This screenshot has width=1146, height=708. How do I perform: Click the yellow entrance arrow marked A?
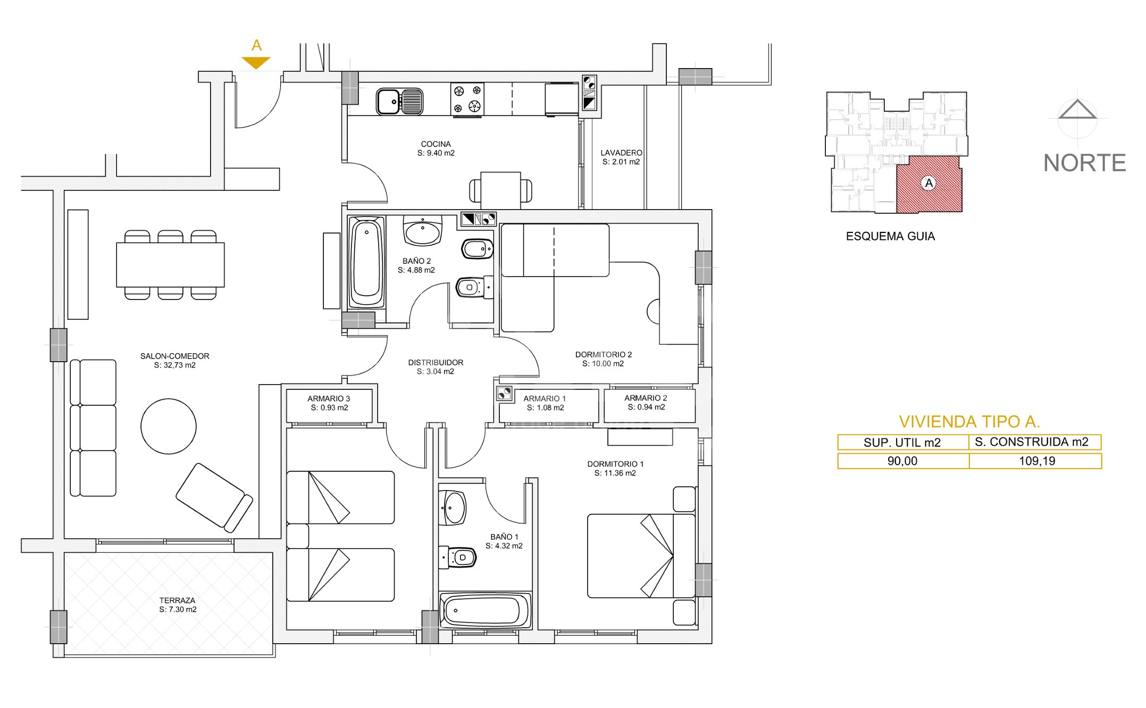click(256, 62)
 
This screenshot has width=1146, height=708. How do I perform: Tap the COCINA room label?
click(436, 144)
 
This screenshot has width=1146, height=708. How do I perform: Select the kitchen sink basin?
click(388, 101)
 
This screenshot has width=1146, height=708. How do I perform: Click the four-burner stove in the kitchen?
click(467, 99)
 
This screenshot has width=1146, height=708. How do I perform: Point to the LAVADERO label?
click(621, 153)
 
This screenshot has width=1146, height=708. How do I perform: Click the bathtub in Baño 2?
click(367, 262)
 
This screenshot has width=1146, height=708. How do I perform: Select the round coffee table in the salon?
click(169, 427)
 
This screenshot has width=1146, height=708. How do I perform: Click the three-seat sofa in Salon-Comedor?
click(93, 428)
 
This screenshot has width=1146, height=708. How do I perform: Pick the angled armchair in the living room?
click(214, 497)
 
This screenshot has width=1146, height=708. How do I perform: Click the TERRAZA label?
click(177, 601)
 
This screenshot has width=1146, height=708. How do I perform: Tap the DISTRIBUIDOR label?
click(436, 363)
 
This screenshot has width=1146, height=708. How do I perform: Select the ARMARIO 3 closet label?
click(329, 398)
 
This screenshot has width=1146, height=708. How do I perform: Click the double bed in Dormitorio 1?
click(641, 555)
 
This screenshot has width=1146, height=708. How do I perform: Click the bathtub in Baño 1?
click(485, 610)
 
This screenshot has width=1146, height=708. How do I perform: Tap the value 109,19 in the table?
click(1037, 461)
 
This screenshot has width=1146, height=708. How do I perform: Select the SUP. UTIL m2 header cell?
click(902, 442)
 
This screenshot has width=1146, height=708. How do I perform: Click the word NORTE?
click(1085, 163)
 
